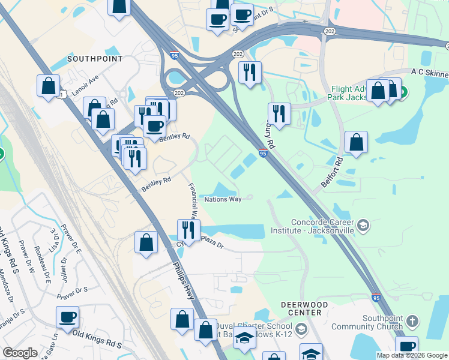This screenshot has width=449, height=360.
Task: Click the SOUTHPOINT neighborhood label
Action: [95, 59]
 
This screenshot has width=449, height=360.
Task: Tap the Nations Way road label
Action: [223, 199]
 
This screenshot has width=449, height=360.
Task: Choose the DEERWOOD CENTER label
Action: [304, 308]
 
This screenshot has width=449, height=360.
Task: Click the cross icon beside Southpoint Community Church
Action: [412, 322]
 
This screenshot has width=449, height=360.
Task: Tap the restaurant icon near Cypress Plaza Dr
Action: [188, 230]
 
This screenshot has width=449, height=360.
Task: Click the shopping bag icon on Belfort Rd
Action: [357, 143]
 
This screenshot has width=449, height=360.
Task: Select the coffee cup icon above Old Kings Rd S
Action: [68, 317]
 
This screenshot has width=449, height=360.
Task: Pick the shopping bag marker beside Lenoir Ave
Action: [48, 86]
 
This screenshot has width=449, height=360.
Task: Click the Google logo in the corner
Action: [20, 353]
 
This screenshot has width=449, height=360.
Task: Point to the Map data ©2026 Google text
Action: [412, 355]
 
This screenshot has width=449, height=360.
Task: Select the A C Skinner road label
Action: [429, 73]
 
